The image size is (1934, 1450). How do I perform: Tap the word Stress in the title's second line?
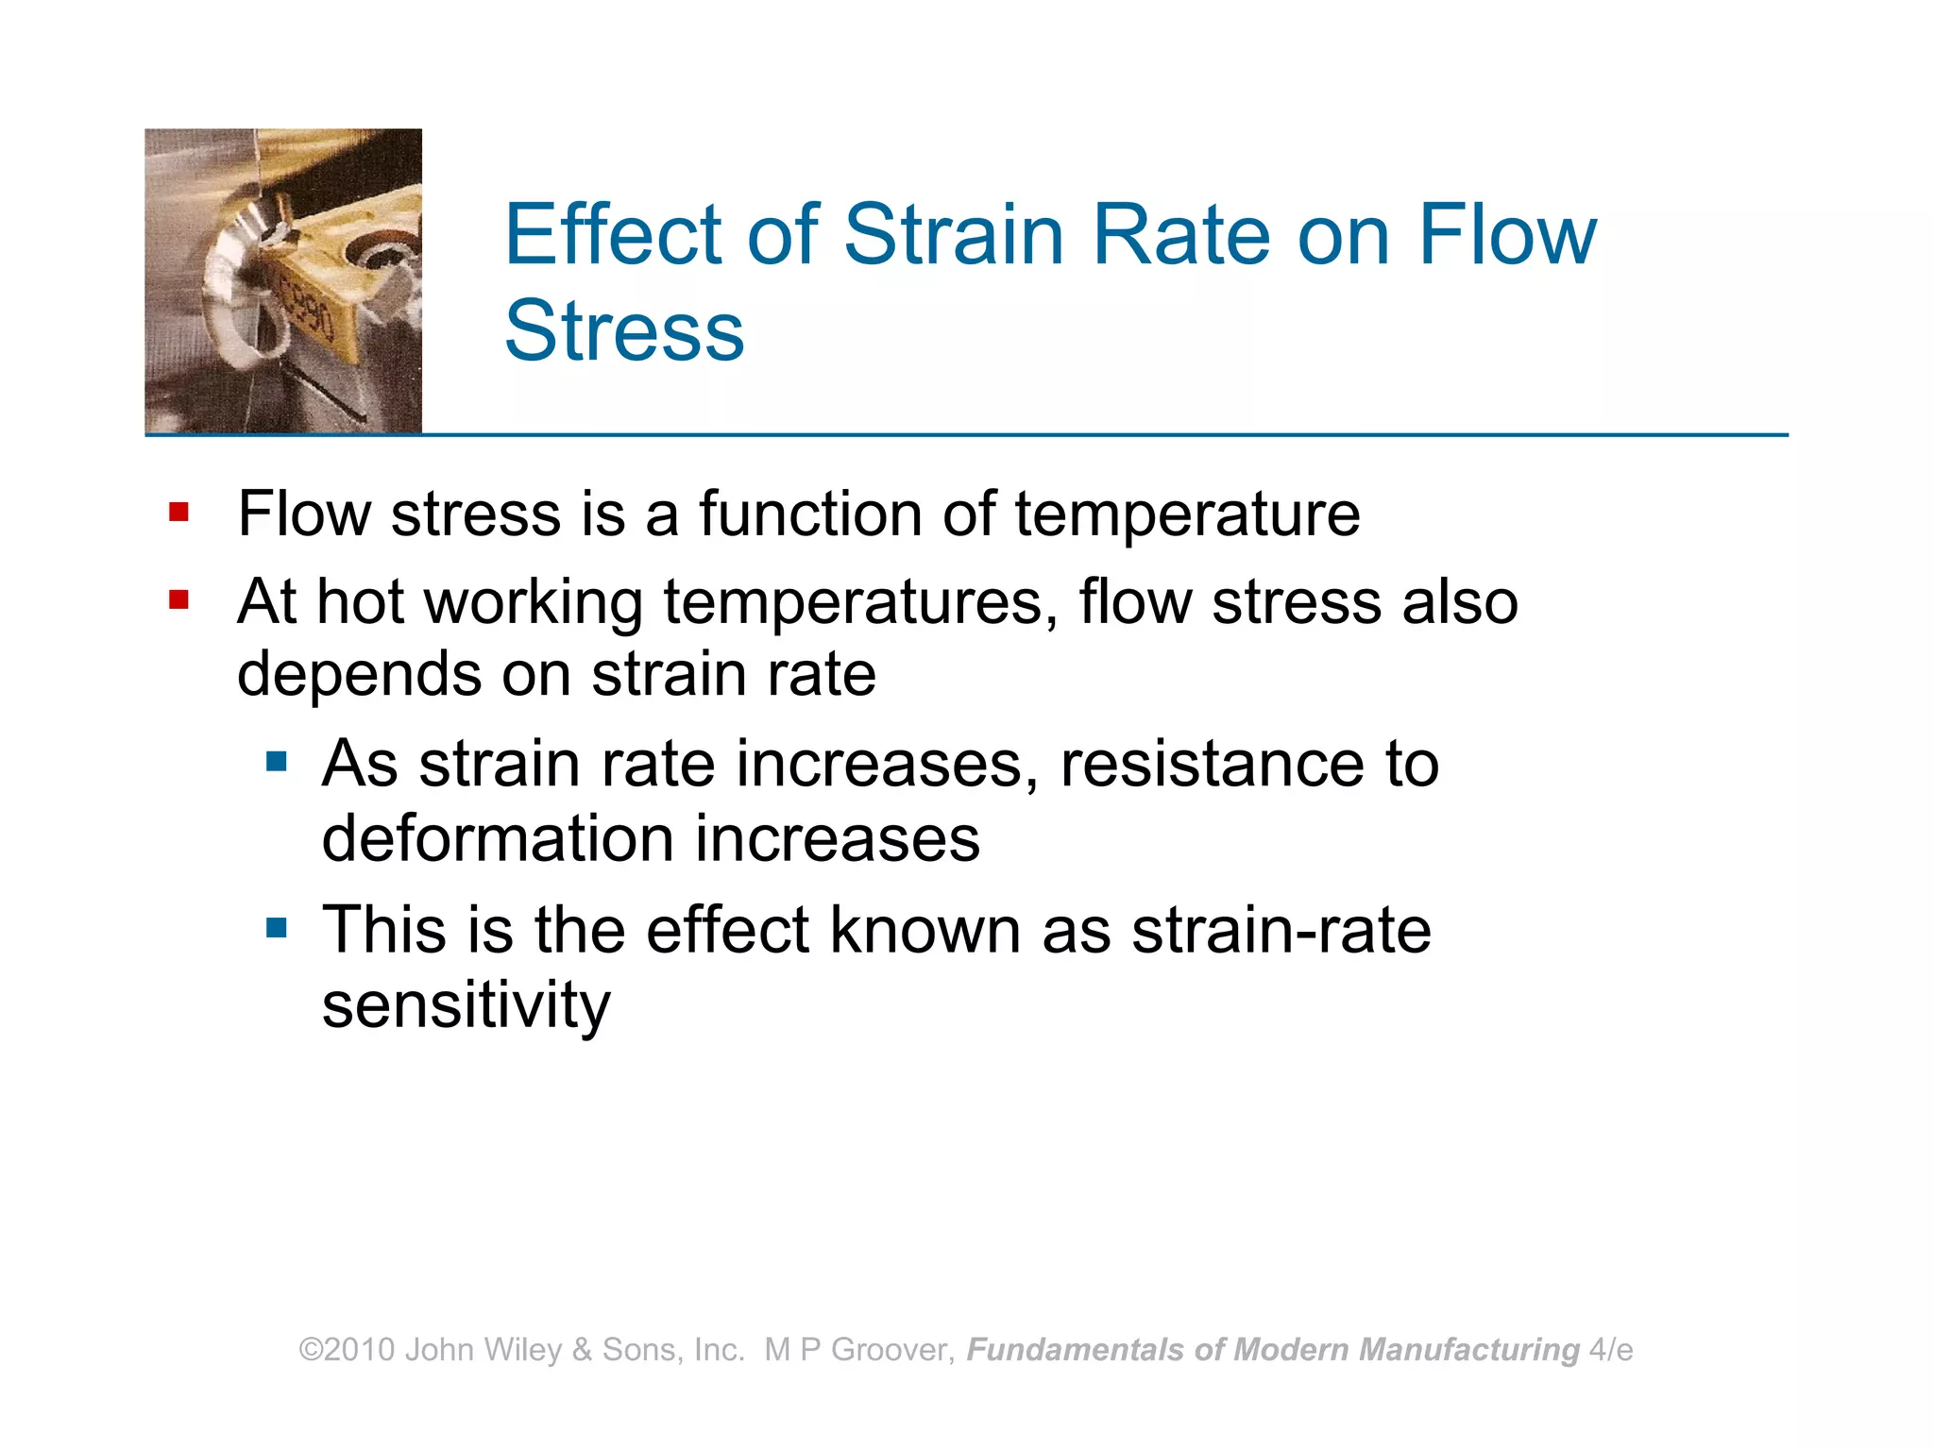(x=624, y=330)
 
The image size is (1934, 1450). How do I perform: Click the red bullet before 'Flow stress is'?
(x=178, y=513)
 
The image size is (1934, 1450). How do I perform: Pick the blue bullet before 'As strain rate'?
(x=276, y=761)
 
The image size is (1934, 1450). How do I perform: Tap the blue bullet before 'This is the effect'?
(x=276, y=928)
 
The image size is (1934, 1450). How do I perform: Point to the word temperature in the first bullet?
(x=1187, y=514)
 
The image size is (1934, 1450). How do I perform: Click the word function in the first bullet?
(x=810, y=514)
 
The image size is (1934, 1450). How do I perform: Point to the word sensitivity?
(x=466, y=1005)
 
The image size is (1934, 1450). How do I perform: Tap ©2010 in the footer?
(x=347, y=1350)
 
